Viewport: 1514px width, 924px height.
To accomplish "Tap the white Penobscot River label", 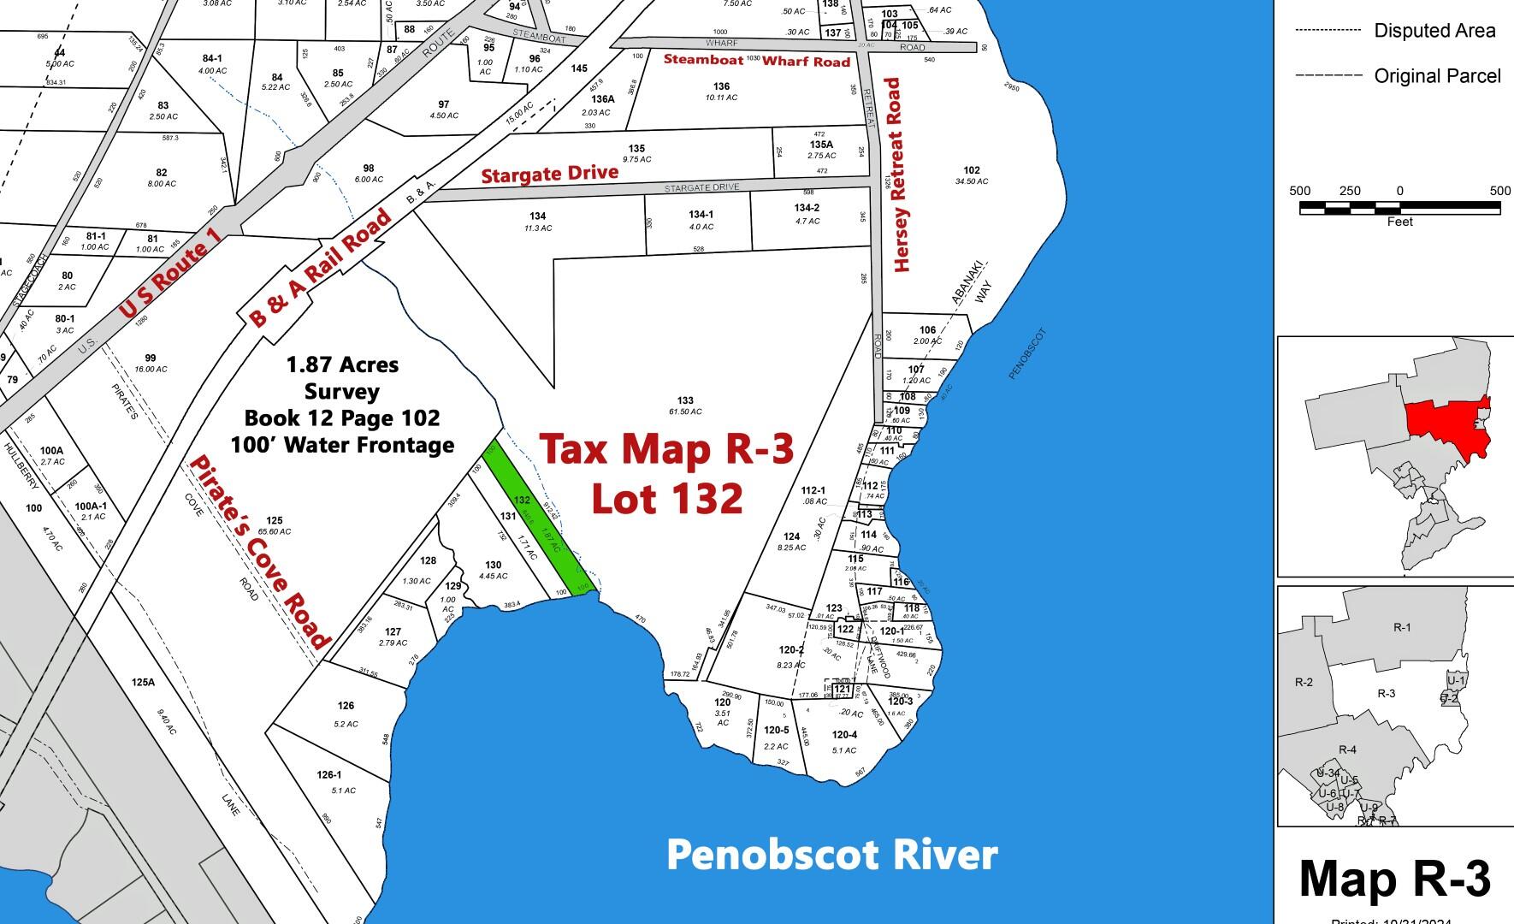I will (831, 855).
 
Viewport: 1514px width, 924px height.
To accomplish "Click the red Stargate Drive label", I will (549, 175).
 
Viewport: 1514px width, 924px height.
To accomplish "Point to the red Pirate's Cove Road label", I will (259, 552).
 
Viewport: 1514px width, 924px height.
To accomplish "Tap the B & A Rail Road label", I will (321, 267).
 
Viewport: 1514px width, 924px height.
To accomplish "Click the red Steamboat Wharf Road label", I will (757, 61).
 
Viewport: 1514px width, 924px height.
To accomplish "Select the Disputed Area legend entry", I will (1434, 31).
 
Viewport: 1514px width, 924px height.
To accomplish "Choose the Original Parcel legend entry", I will (1437, 76).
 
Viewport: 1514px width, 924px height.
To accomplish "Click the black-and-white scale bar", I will (1399, 207).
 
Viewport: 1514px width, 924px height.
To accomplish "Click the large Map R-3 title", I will (1394, 879).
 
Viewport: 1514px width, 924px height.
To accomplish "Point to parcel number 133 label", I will (684, 400).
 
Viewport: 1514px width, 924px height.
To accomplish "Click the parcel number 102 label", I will (971, 170).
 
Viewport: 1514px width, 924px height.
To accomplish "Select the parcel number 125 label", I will (274, 520).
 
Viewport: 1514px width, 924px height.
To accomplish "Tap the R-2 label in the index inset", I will (1303, 683).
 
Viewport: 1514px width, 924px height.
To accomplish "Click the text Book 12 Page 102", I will (342, 418).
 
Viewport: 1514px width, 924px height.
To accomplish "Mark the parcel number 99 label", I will (151, 358).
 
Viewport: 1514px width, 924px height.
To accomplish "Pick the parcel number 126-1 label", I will (328, 775).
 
